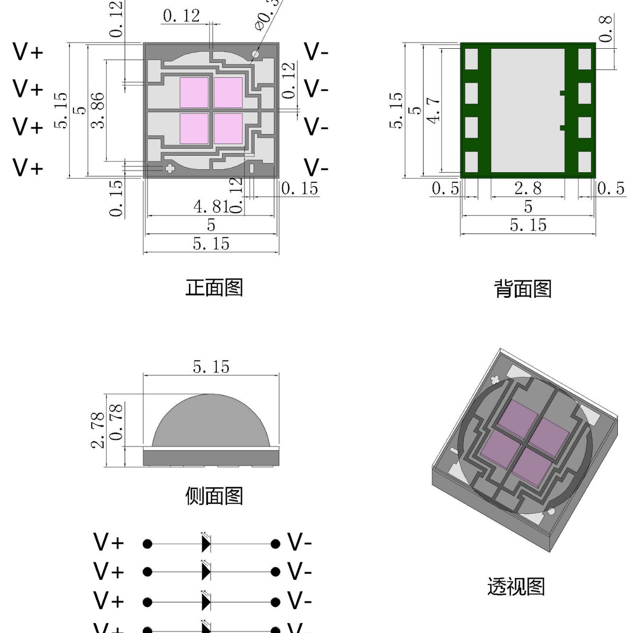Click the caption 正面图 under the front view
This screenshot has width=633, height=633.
pos(214,288)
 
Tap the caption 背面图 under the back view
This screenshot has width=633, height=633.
pos(523,289)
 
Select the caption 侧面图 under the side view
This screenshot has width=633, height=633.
pos(214,496)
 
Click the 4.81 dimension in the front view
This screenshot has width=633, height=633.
pos(211,206)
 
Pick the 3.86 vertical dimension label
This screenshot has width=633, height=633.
pos(98,110)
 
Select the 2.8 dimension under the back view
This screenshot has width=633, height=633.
pos(528,188)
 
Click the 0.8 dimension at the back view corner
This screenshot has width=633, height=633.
pos(606,28)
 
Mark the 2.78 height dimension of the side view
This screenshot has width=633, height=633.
pos(98,430)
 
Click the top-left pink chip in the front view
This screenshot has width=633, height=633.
pos(194,92)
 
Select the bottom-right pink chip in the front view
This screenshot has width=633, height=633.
pos(228,128)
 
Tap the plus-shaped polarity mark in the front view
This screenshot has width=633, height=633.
pos(169,169)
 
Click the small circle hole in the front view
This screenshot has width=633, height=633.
pos(255,54)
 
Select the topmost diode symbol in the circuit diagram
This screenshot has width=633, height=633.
pos(206,543)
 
